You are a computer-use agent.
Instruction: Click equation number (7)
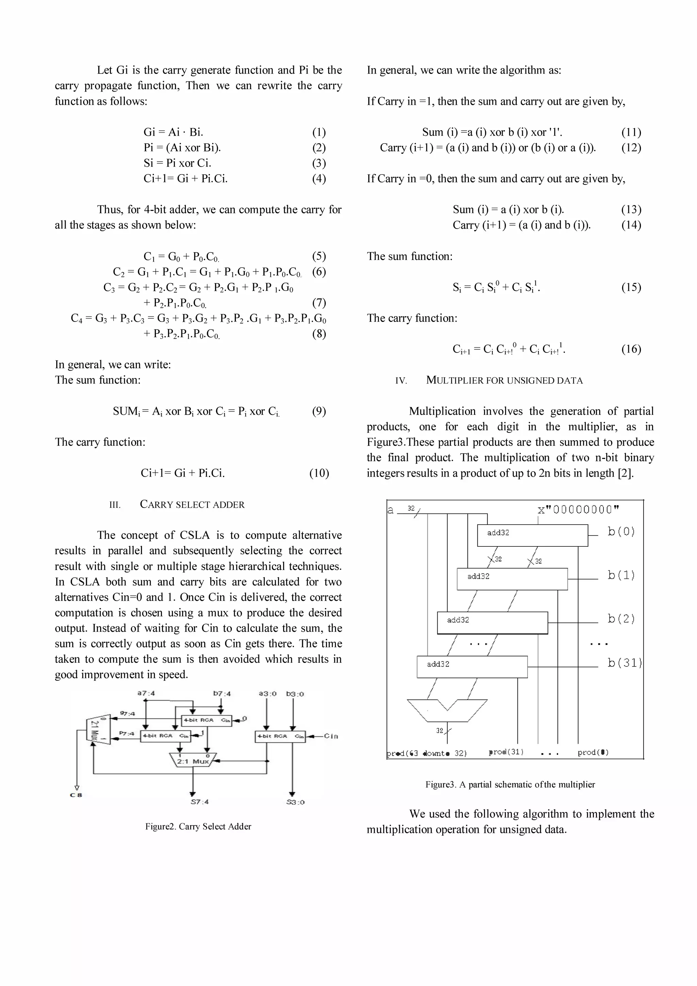tap(319, 303)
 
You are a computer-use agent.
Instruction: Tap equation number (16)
tap(631, 349)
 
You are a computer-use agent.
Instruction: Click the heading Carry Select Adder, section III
tap(192, 505)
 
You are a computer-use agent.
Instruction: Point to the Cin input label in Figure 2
tap(331, 736)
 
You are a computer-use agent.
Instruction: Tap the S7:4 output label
tap(200, 802)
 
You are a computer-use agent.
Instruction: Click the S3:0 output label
tap(295, 802)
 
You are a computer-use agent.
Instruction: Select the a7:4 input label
tap(146, 693)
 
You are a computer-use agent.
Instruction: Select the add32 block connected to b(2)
tap(492, 623)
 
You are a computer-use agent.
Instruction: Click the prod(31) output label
tap(506, 752)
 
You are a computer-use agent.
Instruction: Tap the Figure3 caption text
tap(510, 785)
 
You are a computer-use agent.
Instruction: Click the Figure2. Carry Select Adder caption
tap(198, 826)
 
